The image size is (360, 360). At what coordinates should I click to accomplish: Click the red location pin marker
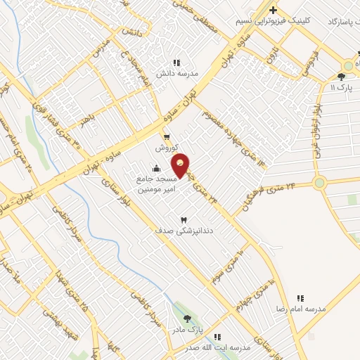(x=181, y=165)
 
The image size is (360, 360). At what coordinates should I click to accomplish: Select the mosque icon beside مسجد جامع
(x=156, y=169)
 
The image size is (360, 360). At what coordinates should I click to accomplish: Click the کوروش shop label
(x=166, y=150)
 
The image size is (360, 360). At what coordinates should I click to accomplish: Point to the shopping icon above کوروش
(x=167, y=137)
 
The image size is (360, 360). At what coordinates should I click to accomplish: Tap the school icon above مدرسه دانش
(x=176, y=62)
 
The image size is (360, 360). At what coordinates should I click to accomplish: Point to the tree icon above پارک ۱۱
(x=341, y=76)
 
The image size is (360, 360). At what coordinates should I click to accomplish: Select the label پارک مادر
(x=188, y=329)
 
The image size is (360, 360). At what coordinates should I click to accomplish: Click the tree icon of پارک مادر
(x=187, y=319)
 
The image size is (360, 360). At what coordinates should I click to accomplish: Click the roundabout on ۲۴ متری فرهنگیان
(x=320, y=183)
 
